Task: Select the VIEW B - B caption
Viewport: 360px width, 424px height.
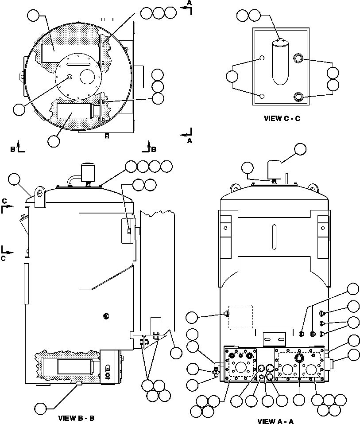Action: (x=76, y=418)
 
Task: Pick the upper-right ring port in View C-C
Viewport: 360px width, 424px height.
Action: (x=298, y=58)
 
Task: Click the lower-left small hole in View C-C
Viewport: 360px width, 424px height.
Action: (x=262, y=96)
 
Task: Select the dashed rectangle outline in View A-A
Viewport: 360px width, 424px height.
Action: (x=240, y=316)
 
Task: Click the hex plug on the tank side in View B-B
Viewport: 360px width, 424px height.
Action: (x=105, y=315)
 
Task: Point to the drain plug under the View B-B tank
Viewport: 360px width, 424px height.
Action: (x=78, y=383)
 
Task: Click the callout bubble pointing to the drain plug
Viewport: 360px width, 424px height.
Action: (x=41, y=407)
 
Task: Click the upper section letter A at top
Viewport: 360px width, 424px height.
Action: (x=189, y=3)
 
